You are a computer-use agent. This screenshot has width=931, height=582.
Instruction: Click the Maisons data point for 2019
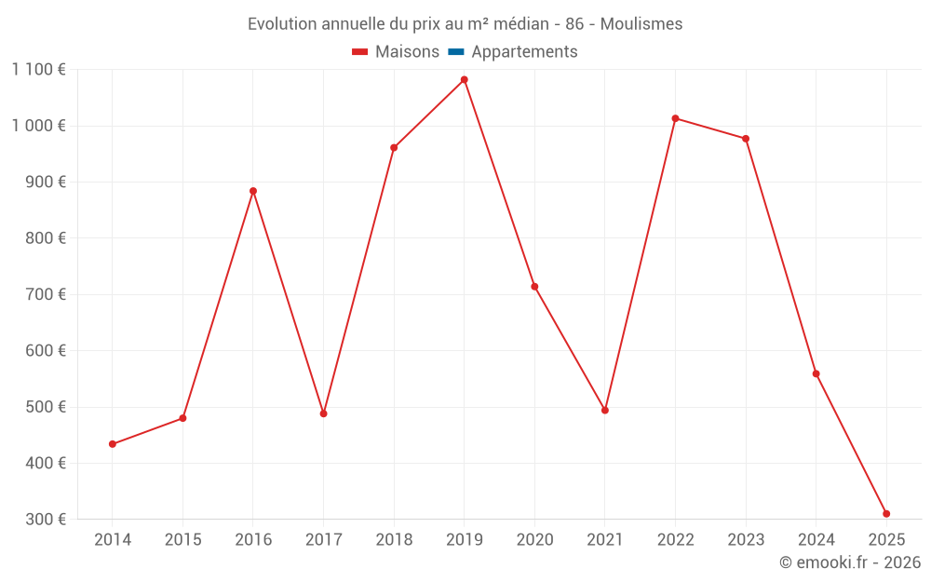[464, 80]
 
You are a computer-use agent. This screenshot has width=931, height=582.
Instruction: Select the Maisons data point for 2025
[886, 514]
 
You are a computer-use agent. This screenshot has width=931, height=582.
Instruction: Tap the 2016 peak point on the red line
[253, 191]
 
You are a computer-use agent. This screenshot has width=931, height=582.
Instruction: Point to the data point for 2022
[675, 118]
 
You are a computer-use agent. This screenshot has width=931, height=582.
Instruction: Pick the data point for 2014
[113, 444]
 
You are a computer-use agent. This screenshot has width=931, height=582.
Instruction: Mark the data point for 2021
[605, 411]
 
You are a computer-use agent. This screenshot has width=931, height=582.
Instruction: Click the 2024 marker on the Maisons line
[816, 374]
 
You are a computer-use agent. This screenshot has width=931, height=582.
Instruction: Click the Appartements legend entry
[524, 52]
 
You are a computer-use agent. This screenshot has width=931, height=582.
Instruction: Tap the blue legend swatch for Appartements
[456, 52]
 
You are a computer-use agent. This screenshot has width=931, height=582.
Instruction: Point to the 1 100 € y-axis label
[39, 70]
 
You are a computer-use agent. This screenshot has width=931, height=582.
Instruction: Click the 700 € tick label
[46, 294]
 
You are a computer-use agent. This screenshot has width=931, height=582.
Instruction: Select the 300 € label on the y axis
[46, 520]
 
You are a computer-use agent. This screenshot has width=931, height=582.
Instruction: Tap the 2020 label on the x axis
[534, 540]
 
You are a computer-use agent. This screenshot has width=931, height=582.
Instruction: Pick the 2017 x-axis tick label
[323, 540]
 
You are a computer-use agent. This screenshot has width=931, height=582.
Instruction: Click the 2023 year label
[746, 540]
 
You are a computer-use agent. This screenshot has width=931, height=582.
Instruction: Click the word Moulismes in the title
[641, 24]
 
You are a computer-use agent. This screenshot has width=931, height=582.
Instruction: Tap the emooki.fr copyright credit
[850, 562]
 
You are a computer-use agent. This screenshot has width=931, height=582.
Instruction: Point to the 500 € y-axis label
[46, 407]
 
